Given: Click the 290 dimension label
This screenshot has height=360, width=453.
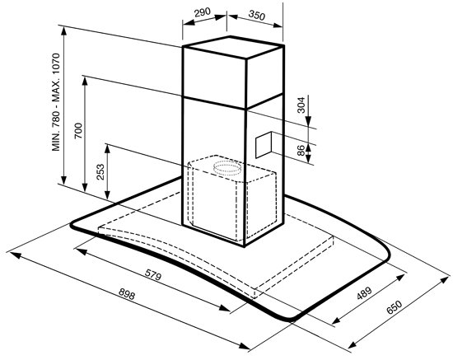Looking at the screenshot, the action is [x=203, y=12].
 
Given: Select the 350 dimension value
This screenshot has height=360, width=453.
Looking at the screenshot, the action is [x=256, y=15].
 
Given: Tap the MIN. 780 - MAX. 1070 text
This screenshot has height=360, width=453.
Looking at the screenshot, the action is [x=56, y=102].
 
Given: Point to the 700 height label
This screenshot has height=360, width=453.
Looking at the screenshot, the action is [x=78, y=131].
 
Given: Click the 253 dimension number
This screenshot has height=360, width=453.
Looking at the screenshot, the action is [x=100, y=172].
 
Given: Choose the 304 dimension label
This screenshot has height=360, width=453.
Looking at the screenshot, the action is [x=301, y=105].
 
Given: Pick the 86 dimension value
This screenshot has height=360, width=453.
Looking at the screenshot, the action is [x=301, y=151].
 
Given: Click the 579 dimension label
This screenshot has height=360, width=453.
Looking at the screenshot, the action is [x=152, y=276].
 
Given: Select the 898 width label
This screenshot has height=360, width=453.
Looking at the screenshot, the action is [x=127, y=295].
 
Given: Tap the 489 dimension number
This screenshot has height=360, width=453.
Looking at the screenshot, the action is [x=364, y=293].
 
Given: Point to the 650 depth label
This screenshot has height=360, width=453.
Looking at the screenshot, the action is [x=394, y=307].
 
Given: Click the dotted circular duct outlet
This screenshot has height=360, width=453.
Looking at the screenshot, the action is [x=227, y=168].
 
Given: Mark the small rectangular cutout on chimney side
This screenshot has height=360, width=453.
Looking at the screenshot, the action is [x=264, y=144].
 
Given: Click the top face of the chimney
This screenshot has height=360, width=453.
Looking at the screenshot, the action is [x=232, y=47].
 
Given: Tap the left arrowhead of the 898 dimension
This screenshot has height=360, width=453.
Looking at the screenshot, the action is [x=15, y=255].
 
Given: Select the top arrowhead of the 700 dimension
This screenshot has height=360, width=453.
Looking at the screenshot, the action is [x=85, y=82].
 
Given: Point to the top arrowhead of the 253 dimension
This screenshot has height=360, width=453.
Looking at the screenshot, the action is [x=107, y=150].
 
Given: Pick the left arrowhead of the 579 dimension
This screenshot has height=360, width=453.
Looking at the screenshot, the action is [x=82, y=251].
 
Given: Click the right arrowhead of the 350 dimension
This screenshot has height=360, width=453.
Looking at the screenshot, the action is [x=277, y=26].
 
